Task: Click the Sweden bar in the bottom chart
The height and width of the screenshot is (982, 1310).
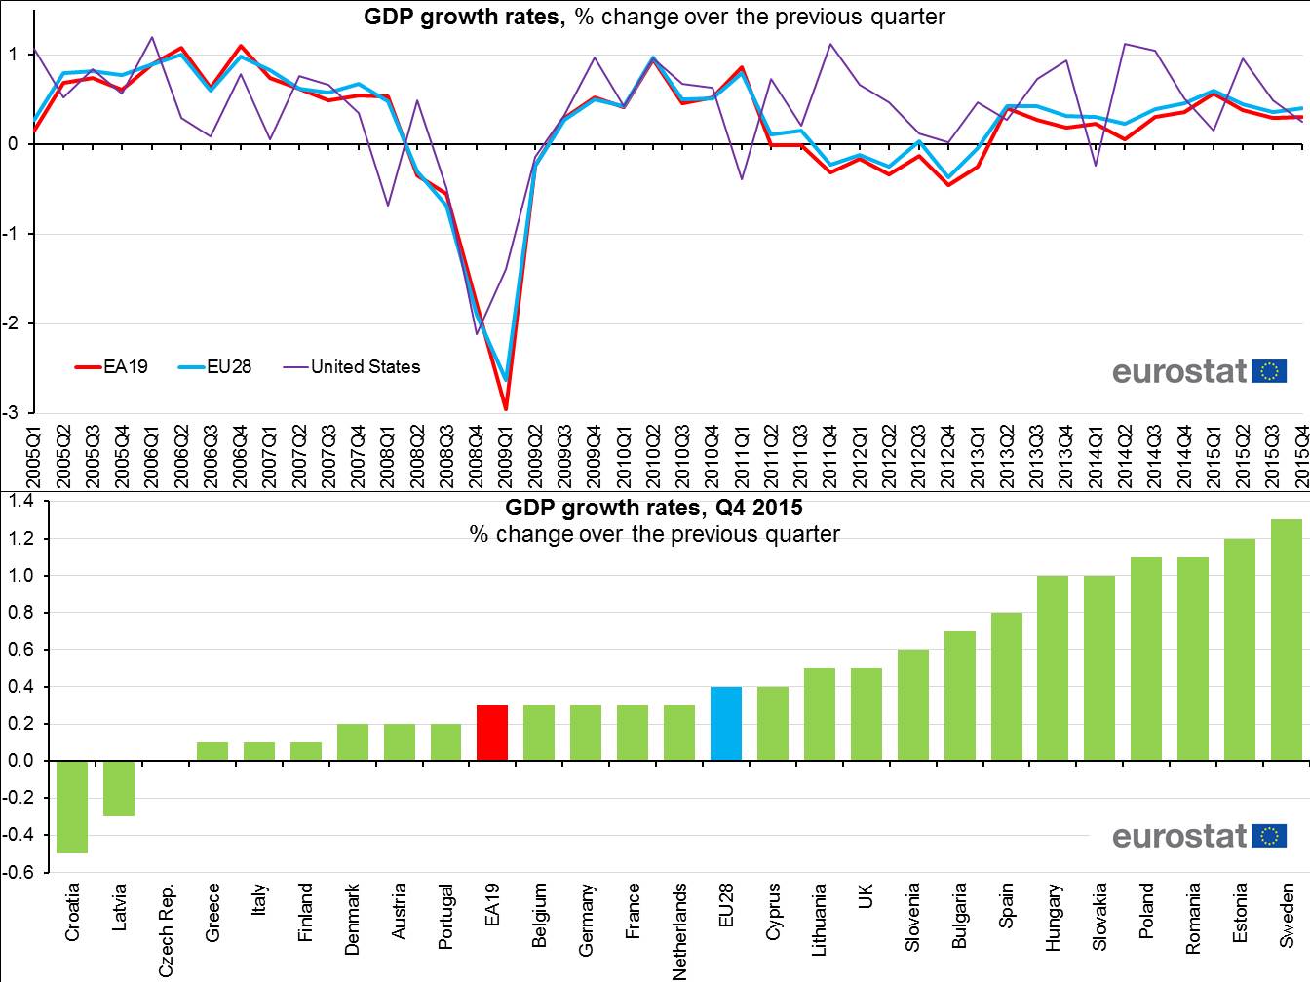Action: point(1287,640)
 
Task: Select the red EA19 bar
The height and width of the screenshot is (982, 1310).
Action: point(492,733)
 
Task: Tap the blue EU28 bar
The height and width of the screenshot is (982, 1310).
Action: point(726,723)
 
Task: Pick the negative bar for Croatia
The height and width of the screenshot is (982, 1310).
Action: point(72,807)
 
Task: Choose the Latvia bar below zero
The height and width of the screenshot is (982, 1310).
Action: point(119,788)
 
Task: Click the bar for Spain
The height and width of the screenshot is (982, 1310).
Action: point(1007,686)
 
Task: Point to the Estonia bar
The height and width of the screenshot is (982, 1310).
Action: point(1240,649)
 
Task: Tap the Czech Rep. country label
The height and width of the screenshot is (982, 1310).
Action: point(167,929)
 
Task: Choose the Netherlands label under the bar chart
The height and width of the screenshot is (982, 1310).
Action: point(679,930)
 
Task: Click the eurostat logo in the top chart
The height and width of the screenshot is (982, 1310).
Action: point(1199,371)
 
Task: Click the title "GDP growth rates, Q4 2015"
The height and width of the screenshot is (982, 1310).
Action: point(654,508)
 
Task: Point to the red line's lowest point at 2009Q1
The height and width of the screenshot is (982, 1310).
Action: point(506,408)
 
